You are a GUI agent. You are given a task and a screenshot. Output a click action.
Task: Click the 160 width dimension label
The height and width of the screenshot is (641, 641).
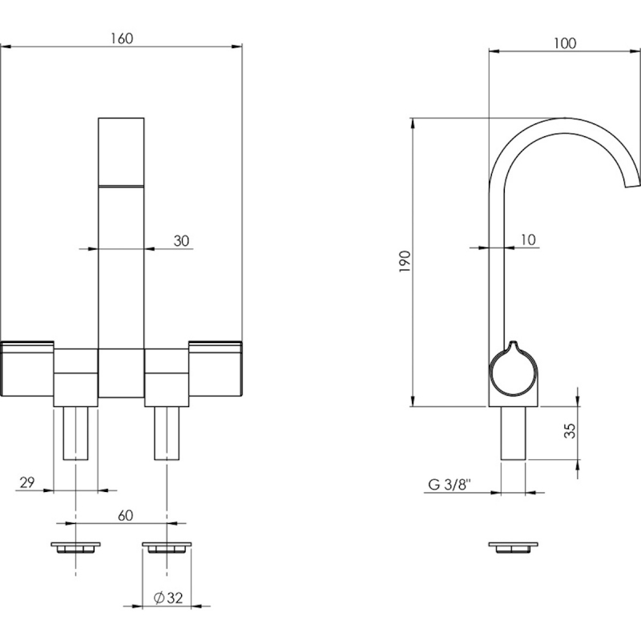(122, 38)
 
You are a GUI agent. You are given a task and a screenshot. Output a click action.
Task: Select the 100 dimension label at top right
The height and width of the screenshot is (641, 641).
(565, 43)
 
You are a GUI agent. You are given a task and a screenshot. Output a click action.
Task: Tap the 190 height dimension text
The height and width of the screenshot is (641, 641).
(405, 262)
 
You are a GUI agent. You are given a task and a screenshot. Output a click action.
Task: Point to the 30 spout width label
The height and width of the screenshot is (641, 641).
(182, 240)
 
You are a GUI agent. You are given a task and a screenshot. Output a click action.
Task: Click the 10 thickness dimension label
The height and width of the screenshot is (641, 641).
(528, 240)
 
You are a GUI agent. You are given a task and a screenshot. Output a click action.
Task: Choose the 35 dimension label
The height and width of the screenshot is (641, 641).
(570, 430)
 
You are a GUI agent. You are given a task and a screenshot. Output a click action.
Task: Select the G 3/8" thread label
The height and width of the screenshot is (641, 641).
(450, 485)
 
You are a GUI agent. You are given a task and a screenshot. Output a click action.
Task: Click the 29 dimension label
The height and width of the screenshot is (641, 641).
(27, 482)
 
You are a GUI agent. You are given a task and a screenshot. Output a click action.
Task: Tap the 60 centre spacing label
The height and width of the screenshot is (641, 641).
(125, 515)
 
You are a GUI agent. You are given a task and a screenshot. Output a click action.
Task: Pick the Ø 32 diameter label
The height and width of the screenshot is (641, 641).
(168, 598)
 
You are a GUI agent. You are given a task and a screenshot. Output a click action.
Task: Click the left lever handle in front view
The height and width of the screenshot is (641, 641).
(27, 369)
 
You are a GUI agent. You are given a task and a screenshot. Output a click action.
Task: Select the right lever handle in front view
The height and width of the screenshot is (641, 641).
(216, 369)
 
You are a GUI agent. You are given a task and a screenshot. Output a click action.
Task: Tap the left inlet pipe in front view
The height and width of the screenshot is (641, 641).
(75, 433)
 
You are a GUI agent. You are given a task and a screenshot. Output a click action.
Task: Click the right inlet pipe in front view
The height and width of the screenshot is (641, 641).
(167, 433)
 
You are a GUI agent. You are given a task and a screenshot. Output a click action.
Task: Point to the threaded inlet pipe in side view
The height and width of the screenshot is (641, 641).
(513, 433)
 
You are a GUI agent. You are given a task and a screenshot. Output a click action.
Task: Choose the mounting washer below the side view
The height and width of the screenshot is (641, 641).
(513, 548)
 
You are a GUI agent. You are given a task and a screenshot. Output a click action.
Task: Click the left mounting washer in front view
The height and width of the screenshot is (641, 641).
(75, 548)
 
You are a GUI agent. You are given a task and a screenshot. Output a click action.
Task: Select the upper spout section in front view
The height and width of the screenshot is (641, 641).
(121, 151)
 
